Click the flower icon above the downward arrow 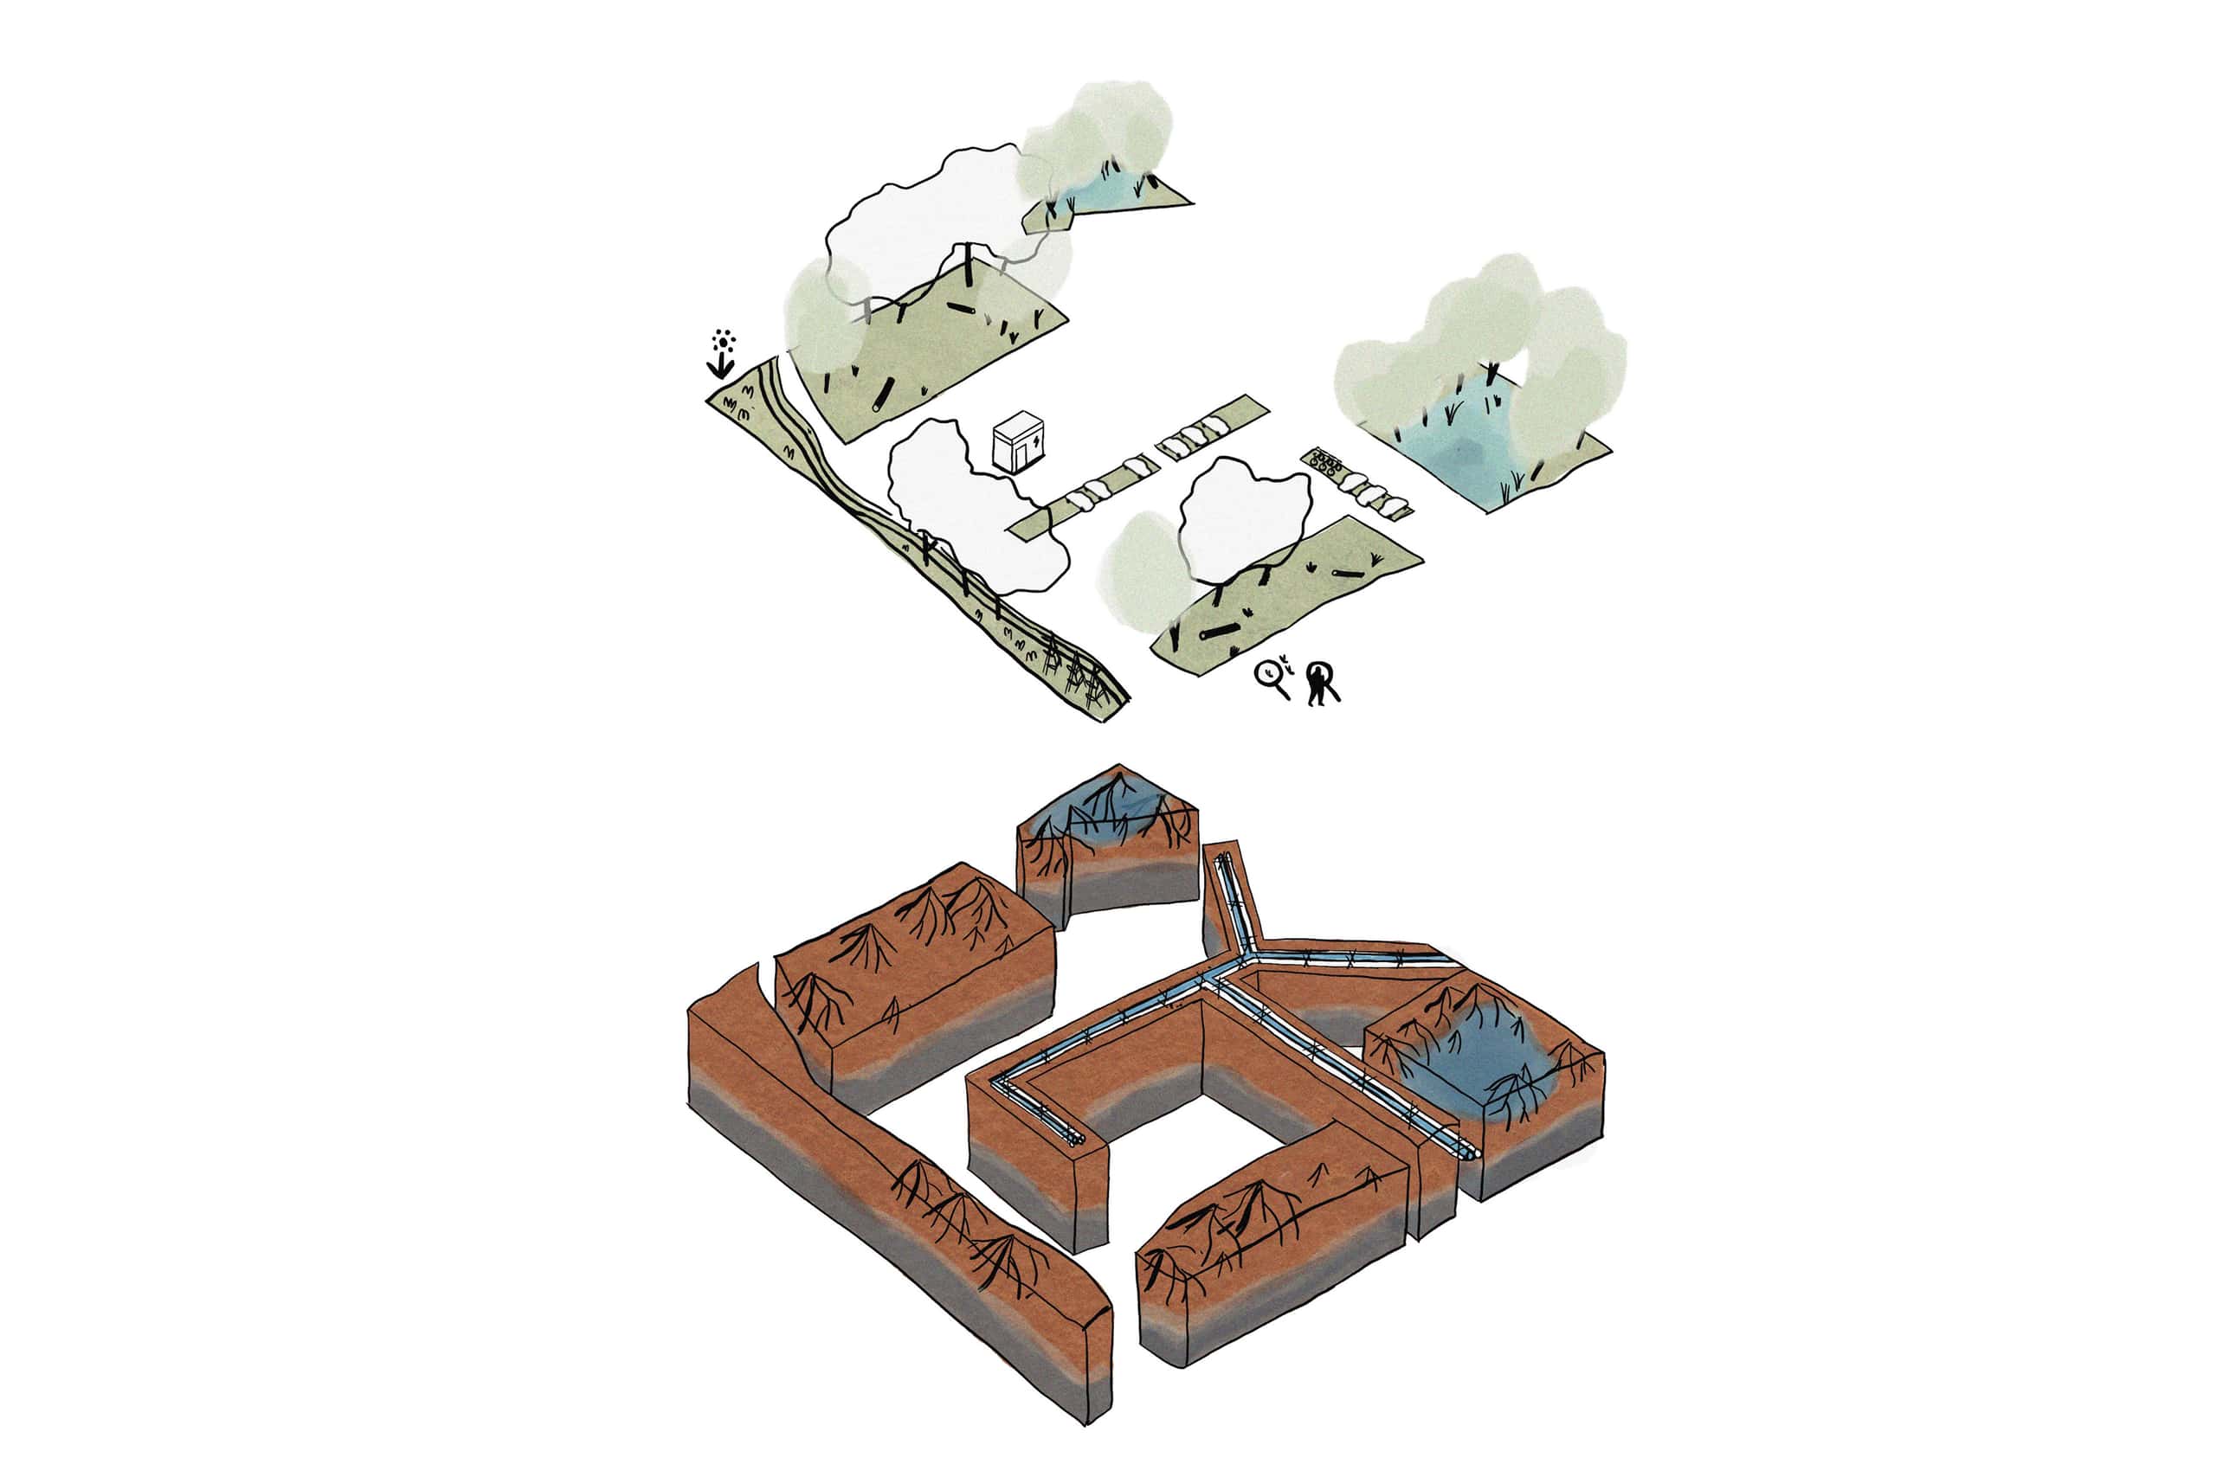(723, 341)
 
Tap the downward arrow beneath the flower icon (721, 365)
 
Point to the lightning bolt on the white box (1037, 440)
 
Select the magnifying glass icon (1272, 676)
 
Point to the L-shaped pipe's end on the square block (1076, 1140)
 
